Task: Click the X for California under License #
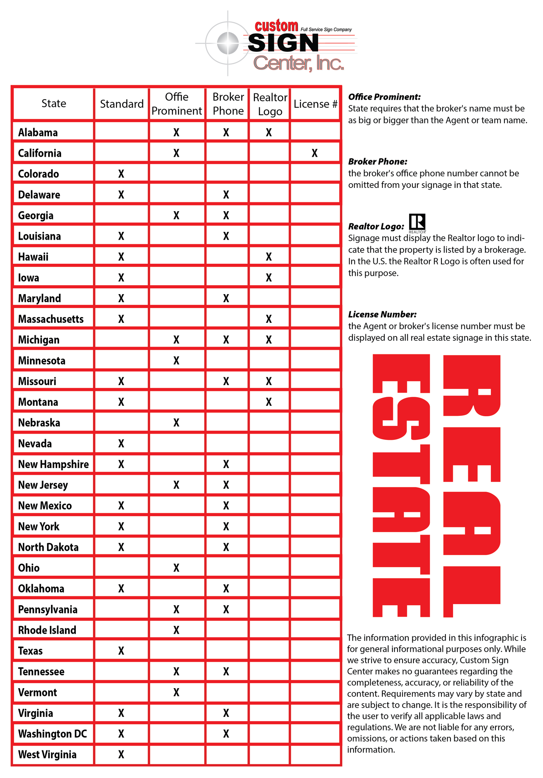pyautogui.click(x=314, y=153)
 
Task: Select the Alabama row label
pyautogui.click(x=38, y=133)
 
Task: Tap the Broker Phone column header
pyautogui.click(x=228, y=104)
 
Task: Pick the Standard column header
pyautogui.click(x=122, y=104)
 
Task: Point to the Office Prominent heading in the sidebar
pyautogui.click(x=384, y=97)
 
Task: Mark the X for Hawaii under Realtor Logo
pyautogui.click(x=269, y=257)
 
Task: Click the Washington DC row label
pyautogui.click(x=53, y=734)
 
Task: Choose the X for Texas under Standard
pyautogui.click(x=121, y=651)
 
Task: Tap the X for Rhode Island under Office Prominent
pyautogui.click(x=176, y=630)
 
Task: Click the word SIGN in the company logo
pyautogui.click(x=283, y=43)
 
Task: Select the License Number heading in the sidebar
pyautogui.click(x=382, y=314)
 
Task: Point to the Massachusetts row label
pyautogui.click(x=51, y=319)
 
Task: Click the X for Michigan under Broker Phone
pyautogui.click(x=226, y=340)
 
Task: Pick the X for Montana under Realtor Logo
pyautogui.click(x=269, y=402)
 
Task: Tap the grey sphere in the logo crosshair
pyautogui.click(x=228, y=43)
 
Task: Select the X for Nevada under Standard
pyautogui.click(x=121, y=443)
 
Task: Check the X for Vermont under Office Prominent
pyautogui.click(x=176, y=692)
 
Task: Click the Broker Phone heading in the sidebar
pyautogui.click(x=378, y=161)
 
